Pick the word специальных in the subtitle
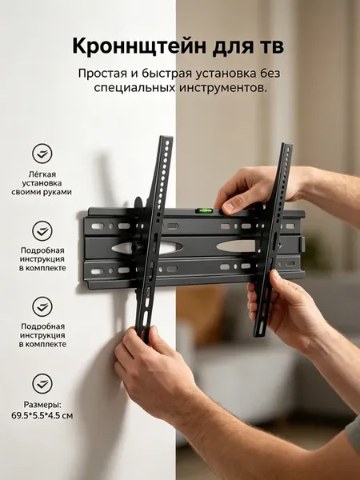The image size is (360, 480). point(134,89)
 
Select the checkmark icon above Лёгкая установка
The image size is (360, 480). point(42,153)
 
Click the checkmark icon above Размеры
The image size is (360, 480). point(42,383)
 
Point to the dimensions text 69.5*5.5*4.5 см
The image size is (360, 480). point(42,416)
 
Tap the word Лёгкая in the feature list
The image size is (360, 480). point(42,174)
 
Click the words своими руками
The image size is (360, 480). point(42,192)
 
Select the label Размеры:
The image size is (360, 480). point(42,405)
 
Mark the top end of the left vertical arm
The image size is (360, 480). point(166,137)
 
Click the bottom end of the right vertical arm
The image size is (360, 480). point(259,335)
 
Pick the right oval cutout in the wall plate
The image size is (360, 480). point(236,246)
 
